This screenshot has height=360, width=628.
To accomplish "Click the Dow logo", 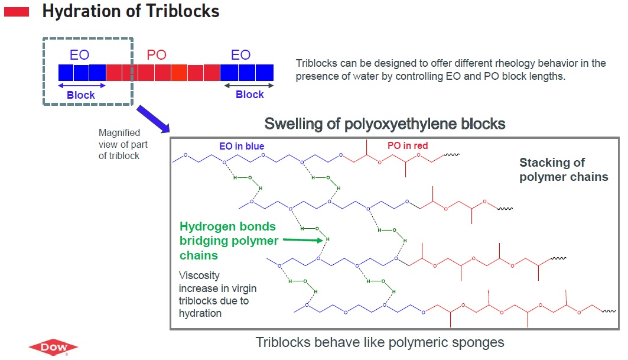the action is (x=53, y=347).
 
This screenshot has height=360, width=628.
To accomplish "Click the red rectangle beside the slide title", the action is (x=17, y=12).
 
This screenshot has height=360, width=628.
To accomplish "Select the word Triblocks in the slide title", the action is (x=183, y=11).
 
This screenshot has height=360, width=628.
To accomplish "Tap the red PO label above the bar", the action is (x=156, y=54).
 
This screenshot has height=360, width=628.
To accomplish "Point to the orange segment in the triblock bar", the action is (x=179, y=73).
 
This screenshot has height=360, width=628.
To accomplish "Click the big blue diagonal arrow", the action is (x=153, y=119).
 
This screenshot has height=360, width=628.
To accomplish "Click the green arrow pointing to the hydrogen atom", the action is (x=303, y=240).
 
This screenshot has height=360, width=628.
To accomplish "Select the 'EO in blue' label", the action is (x=242, y=147).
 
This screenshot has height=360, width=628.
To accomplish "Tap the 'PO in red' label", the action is (x=407, y=145).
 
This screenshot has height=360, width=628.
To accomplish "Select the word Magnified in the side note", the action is (x=119, y=132).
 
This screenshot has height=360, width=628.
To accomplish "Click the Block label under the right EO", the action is (x=249, y=95).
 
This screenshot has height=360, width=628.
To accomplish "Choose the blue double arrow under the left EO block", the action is (x=82, y=85).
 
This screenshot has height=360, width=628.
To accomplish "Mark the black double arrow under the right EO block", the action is (x=249, y=85).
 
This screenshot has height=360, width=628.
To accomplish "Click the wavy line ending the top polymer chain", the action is (x=452, y=155).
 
